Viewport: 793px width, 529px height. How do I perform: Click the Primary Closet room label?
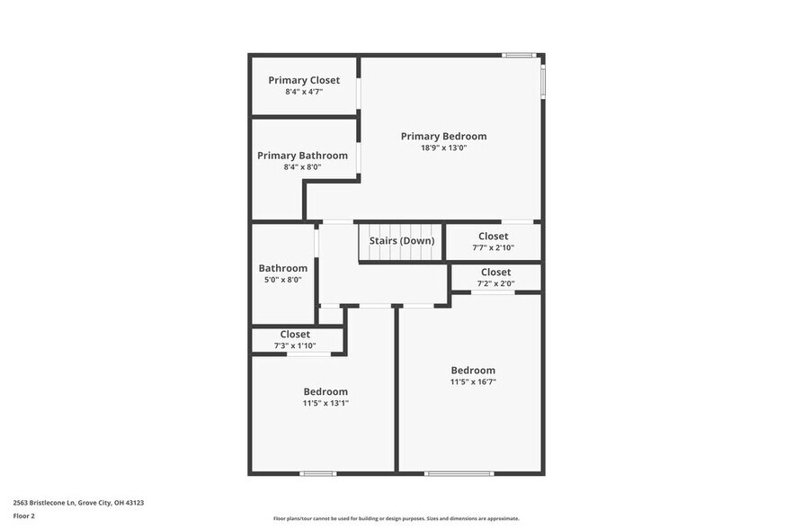point(304,80)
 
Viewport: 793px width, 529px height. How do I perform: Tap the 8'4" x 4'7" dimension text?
point(304,92)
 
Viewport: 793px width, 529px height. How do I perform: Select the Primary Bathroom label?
point(302,156)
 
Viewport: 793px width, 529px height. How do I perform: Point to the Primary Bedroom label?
point(443,136)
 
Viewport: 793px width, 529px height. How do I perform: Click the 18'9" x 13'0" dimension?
point(443,148)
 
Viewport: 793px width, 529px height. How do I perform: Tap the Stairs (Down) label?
point(401,240)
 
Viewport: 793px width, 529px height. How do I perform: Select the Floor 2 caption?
point(24,516)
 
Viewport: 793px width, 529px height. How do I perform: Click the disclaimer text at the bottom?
point(396,518)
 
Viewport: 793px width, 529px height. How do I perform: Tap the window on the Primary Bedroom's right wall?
point(542,78)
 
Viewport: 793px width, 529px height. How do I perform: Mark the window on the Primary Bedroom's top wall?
point(519,56)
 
